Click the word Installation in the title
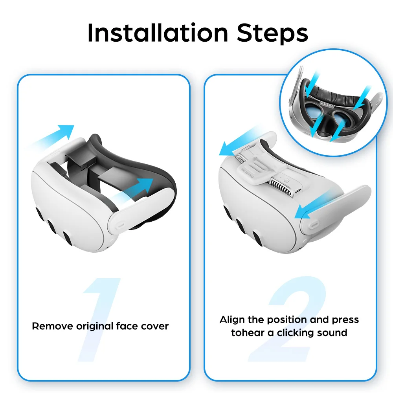tap(158, 33)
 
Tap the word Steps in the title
tap(272, 33)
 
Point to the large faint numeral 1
tap(99, 320)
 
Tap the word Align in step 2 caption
tap(232, 320)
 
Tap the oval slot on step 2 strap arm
tap(314, 224)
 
